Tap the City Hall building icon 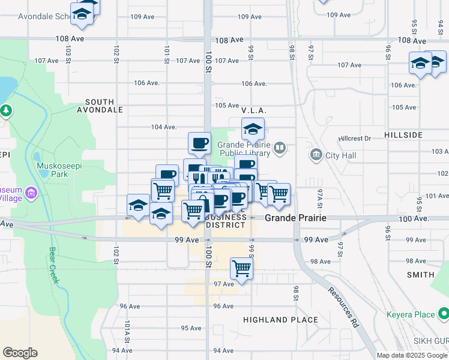click(x=316, y=155)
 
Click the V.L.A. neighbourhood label click(x=254, y=111)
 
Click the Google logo click(x=20, y=353)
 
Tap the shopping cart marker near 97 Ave click(x=241, y=268)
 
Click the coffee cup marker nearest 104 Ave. click(x=199, y=143)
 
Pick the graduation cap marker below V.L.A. click(x=253, y=128)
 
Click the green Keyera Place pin click(x=443, y=313)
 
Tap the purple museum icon click(x=32, y=193)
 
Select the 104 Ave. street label click(x=164, y=127)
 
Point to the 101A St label click(x=127, y=329)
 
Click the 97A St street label click(x=320, y=199)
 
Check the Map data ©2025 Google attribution click(x=412, y=355)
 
